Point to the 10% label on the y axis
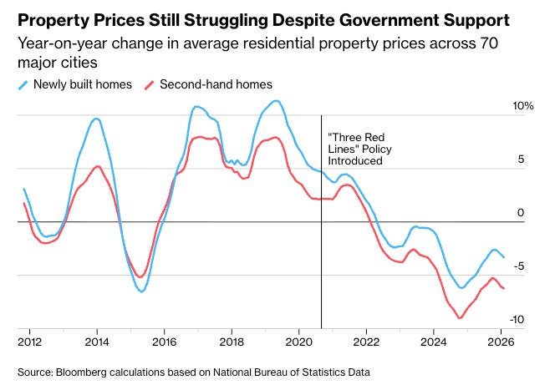(x=522, y=107)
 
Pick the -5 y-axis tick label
(x=520, y=266)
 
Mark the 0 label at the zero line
(x=520, y=213)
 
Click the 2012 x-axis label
(x=29, y=342)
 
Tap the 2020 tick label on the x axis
(x=298, y=342)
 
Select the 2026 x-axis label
(x=501, y=342)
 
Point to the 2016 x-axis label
(x=164, y=342)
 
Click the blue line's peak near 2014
(x=96, y=119)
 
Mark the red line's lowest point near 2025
(x=459, y=318)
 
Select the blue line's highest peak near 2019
(x=276, y=101)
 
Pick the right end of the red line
(x=504, y=289)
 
